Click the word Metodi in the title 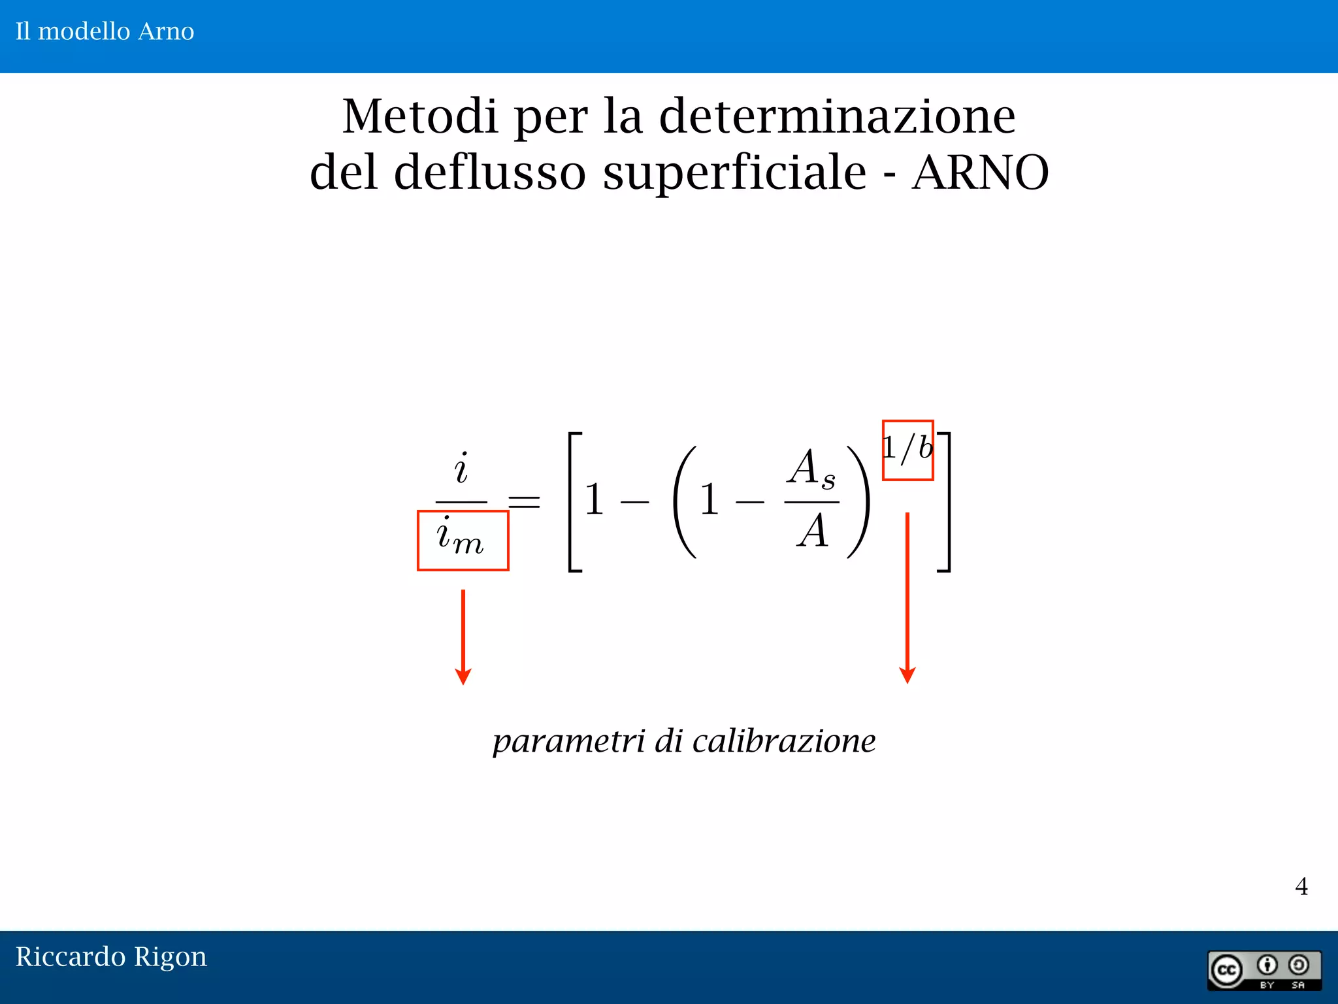click(419, 116)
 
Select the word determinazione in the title click(837, 116)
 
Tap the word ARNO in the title click(980, 173)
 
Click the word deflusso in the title click(489, 173)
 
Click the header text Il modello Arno click(105, 31)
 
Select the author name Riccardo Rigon click(111, 956)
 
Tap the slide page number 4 click(1301, 886)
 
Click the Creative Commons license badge click(1264, 970)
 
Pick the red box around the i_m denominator click(463, 541)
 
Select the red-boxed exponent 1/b click(907, 450)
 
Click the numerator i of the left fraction click(461, 469)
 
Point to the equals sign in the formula click(525, 502)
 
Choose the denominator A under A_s click(812, 531)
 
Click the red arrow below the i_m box click(463, 637)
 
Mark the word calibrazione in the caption click(784, 741)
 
